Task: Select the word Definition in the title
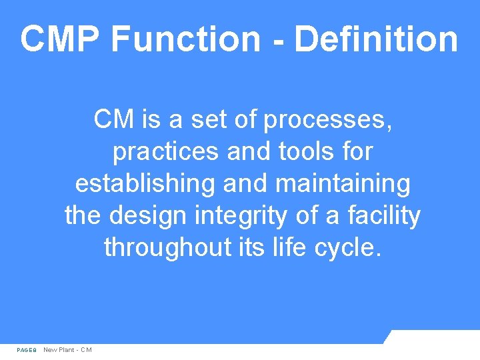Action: click(x=375, y=39)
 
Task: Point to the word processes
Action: click(x=327, y=121)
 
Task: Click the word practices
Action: click(x=167, y=153)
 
